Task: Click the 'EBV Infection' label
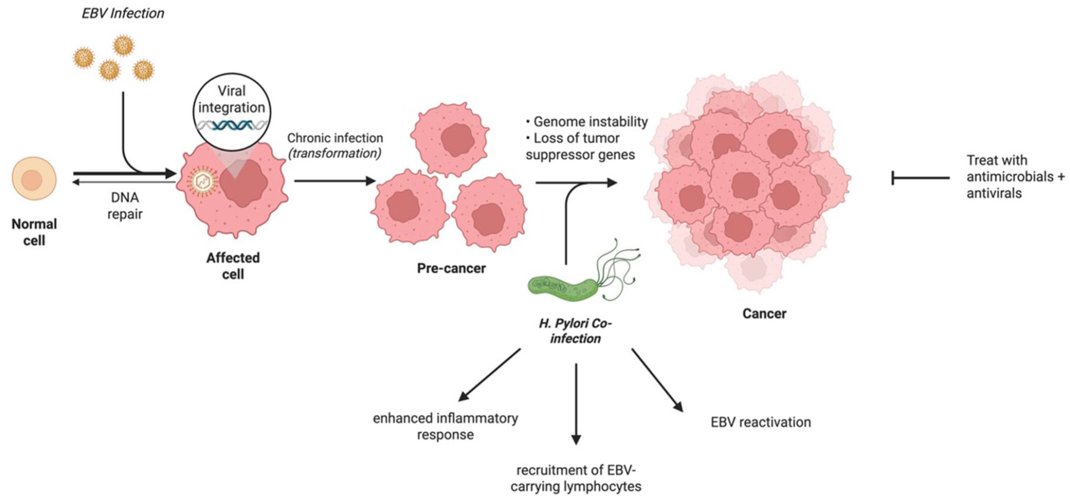pos(123,13)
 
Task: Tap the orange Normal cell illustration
pos(34,178)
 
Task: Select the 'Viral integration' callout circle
pos(232,112)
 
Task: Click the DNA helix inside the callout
pos(232,125)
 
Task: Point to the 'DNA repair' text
pos(125,205)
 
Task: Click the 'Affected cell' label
pos(233,266)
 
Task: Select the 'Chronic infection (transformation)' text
pos(335,145)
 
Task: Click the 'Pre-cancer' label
pos(451,268)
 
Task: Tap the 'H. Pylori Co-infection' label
pos(575,331)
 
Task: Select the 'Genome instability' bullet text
pos(587,122)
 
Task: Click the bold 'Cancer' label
pos(764,313)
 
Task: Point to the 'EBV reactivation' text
pos(761,422)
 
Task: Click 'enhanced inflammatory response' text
pos(445,426)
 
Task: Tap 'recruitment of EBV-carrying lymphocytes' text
pos(576,479)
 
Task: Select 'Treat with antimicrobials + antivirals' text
pos(1015,177)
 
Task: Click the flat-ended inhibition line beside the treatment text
pos(920,177)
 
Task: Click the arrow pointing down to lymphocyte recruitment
pos(576,404)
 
